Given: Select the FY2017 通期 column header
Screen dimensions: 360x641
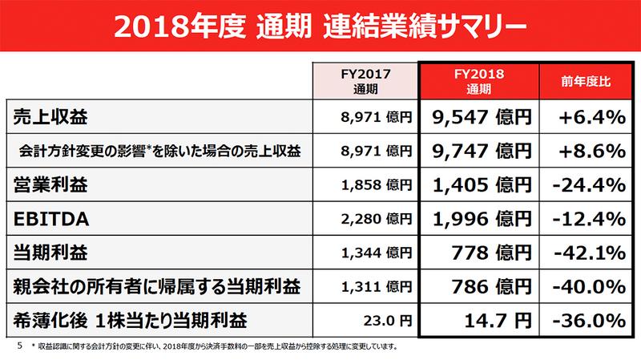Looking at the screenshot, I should pos(365,78).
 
